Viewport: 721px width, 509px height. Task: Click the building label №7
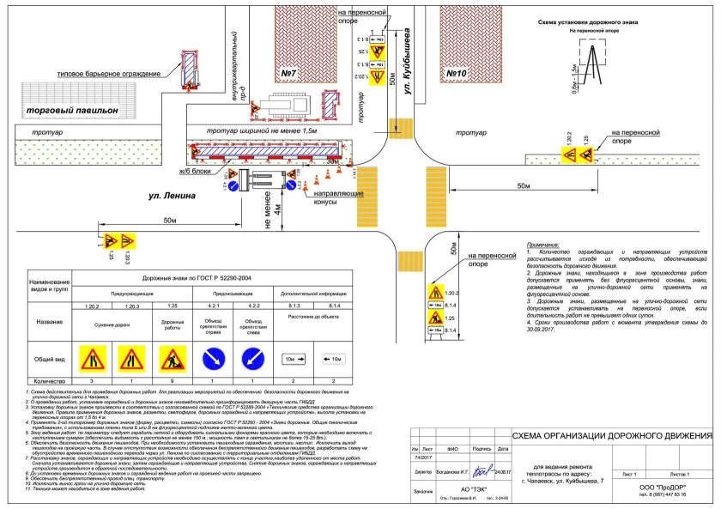tap(288, 75)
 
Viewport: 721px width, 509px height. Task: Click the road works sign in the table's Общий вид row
tap(168, 357)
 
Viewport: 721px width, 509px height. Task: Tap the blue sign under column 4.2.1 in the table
tap(209, 357)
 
